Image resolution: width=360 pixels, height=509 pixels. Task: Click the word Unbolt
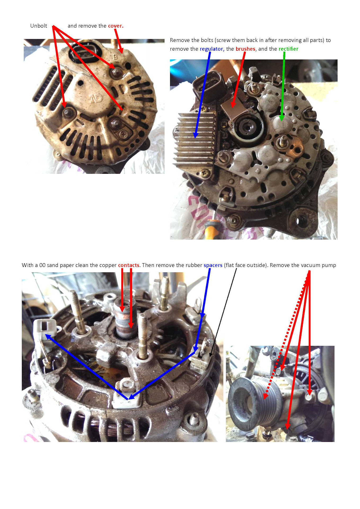click(x=38, y=26)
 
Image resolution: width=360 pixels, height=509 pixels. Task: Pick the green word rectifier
click(x=288, y=49)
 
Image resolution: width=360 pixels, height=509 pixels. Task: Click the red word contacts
click(x=129, y=265)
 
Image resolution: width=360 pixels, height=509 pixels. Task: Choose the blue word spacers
click(x=213, y=265)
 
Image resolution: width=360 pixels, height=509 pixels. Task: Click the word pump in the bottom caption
click(x=329, y=265)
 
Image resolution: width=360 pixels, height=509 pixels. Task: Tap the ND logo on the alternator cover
click(x=96, y=99)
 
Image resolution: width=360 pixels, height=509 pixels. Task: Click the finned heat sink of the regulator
click(x=195, y=139)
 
